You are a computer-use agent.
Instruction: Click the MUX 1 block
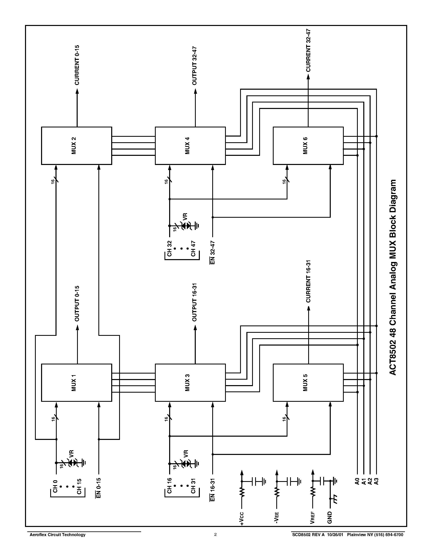(x=76, y=382)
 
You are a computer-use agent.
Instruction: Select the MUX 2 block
(x=76, y=146)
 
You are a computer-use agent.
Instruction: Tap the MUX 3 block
(x=190, y=382)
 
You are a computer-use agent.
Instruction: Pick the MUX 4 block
(x=190, y=146)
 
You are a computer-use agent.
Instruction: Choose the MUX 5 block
(x=308, y=382)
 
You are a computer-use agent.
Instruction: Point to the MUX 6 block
(x=308, y=146)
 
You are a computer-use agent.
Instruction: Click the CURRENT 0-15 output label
(x=77, y=65)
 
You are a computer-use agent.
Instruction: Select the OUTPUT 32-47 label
(x=195, y=66)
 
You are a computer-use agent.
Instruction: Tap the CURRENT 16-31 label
(x=308, y=281)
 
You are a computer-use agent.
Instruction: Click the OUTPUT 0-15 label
(x=77, y=304)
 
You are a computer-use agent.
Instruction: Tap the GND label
(x=330, y=518)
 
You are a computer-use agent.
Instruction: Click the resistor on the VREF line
(x=312, y=492)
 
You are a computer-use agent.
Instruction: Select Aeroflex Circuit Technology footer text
(x=58, y=534)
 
